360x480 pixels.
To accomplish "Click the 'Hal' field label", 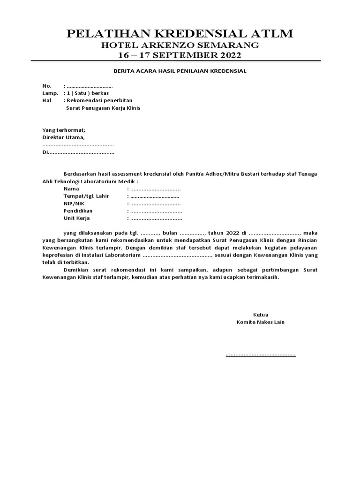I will tap(46, 101).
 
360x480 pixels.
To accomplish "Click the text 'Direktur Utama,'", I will tap(63, 137).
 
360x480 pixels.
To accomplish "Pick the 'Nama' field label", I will tap(71, 188).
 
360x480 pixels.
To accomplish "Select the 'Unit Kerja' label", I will tap(76, 218).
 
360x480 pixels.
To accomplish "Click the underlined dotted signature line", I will tap(261, 354).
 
